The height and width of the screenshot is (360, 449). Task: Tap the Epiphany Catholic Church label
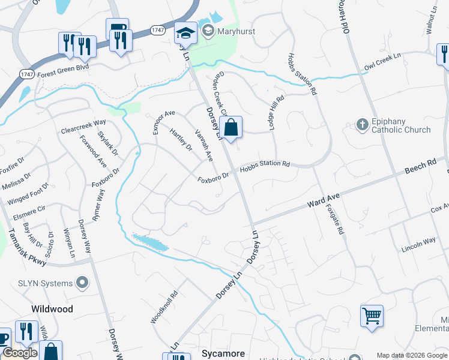pos(400,125)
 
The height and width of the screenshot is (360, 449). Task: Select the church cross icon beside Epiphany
pos(362,125)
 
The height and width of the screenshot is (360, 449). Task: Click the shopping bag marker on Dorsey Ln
pos(231,128)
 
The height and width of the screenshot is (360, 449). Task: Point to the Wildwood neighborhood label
pos(52,309)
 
